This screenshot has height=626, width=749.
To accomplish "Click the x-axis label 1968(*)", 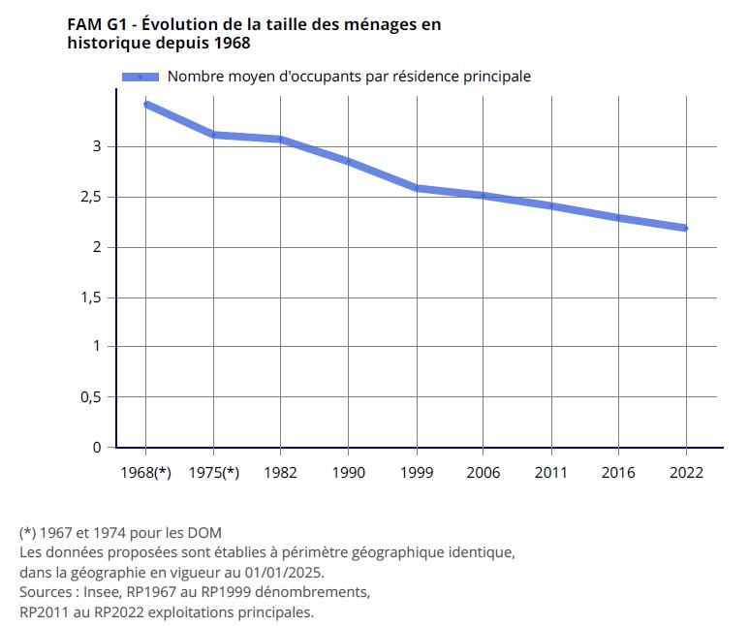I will pos(145,473).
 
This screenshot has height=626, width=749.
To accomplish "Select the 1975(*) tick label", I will pos(213,473).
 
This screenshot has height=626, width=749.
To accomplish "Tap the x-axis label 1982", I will pos(281,473).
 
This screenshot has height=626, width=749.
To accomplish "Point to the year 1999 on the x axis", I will pos(417,473).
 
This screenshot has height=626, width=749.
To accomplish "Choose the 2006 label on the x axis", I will pos(484,473).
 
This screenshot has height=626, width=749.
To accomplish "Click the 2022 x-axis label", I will pos(687,473).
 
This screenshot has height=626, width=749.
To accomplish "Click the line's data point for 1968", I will pos(145,104).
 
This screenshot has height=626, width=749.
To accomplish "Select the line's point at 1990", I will pos(349,162).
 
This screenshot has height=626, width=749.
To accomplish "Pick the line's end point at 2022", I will pos(686,228).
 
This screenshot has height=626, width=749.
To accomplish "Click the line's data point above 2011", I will pos(551,205).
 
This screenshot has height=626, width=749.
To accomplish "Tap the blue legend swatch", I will pos(140,77).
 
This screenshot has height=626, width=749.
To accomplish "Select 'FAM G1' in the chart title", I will pos(96,24).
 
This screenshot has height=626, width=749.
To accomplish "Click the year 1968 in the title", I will pos(230,44).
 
